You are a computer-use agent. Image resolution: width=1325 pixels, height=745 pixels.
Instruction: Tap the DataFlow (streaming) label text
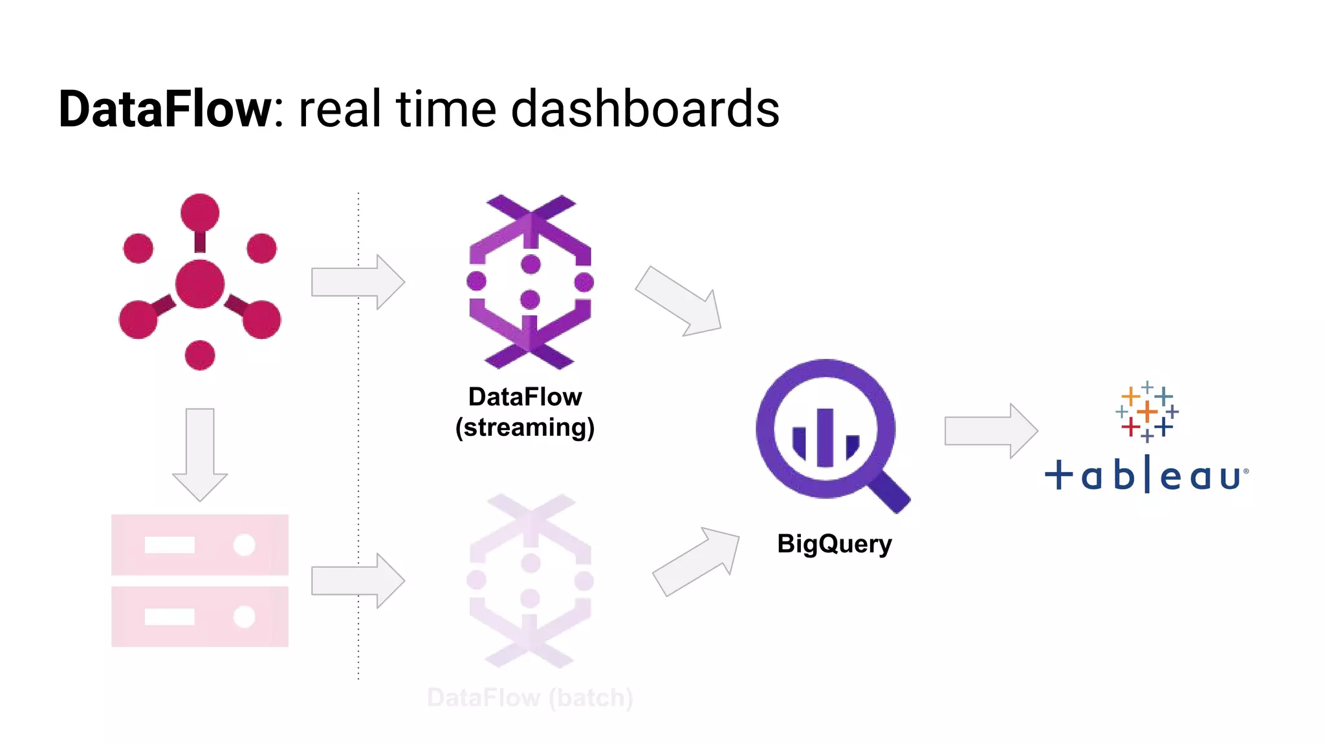tap(525, 412)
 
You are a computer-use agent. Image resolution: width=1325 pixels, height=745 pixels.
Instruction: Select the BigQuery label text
tap(834, 544)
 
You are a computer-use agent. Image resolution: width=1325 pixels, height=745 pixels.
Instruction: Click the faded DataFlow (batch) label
tap(530, 698)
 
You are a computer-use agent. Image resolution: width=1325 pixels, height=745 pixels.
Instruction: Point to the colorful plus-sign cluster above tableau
tap(1146, 411)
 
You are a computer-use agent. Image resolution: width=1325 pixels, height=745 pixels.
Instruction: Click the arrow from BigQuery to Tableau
tap(991, 431)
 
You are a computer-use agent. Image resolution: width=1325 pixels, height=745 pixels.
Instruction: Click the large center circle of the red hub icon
tap(200, 284)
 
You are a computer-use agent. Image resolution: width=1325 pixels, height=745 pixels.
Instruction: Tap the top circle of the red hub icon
tap(200, 212)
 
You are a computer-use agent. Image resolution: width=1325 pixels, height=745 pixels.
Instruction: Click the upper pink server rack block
tap(199, 545)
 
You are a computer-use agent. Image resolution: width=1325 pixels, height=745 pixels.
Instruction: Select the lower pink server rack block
tap(199, 616)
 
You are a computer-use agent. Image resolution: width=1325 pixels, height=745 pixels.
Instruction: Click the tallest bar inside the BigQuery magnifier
tap(825, 437)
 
